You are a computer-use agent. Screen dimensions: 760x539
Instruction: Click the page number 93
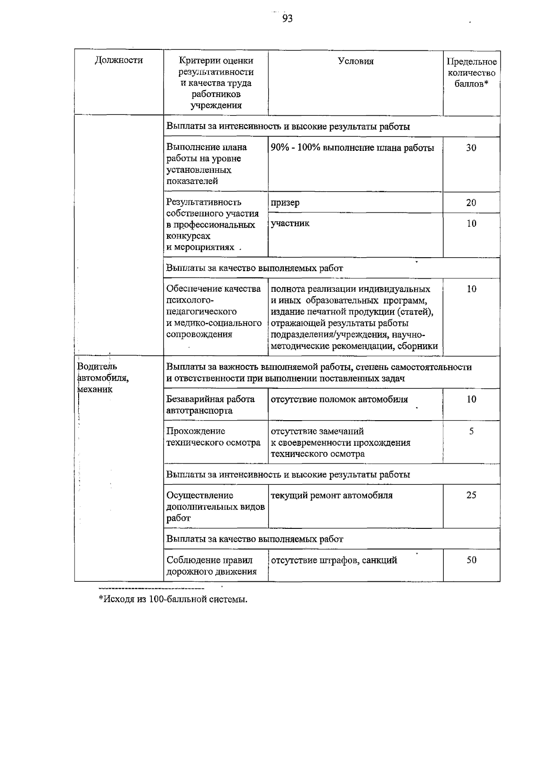pyautogui.click(x=287, y=18)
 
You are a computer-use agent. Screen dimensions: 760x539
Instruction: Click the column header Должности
pyautogui.click(x=119, y=60)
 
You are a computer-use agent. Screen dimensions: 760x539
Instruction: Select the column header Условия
pyautogui.click(x=355, y=62)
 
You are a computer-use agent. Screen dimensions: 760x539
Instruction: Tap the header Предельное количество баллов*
pyautogui.click(x=472, y=73)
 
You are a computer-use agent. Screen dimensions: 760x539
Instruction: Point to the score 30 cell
pyautogui.click(x=471, y=148)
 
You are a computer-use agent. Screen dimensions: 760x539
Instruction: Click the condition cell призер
pyautogui.click(x=285, y=202)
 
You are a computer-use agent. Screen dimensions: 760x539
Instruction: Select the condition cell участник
pyautogui.click(x=290, y=223)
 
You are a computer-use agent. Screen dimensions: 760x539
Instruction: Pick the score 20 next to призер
pyautogui.click(x=471, y=202)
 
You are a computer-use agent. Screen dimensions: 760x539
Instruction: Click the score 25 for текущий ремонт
pyautogui.click(x=471, y=495)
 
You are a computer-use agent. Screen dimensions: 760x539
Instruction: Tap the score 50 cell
pyautogui.click(x=471, y=560)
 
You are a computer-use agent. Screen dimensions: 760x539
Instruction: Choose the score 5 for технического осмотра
pyautogui.click(x=471, y=431)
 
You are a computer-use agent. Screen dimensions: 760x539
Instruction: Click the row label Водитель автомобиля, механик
pyautogui.click(x=103, y=378)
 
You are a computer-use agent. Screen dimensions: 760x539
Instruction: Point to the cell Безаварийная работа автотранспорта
pyautogui.click(x=211, y=404)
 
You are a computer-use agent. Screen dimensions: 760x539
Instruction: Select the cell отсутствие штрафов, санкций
pyautogui.click(x=334, y=560)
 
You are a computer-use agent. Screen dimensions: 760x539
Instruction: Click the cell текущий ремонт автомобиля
pyautogui.click(x=331, y=496)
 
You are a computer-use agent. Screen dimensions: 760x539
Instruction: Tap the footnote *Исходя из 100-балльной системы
pyautogui.click(x=173, y=599)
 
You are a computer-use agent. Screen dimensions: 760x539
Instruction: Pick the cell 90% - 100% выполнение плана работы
pyautogui.click(x=353, y=148)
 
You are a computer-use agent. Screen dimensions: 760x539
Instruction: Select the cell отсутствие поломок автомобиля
pyautogui.click(x=339, y=399)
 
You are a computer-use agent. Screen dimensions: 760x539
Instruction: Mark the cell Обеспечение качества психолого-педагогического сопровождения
pyautogui.click(x=214, y=312)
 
